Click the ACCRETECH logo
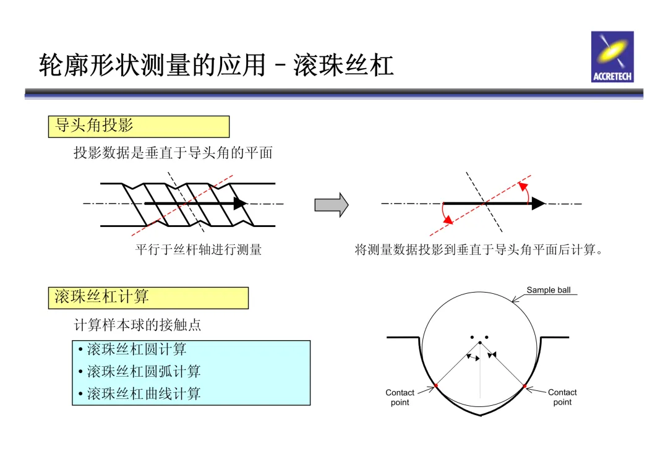(612, 56)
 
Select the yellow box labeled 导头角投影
(139, 126)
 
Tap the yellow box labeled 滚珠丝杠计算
(148, 298)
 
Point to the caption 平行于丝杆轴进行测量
(199, 250)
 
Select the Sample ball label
(548, 290)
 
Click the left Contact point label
(400, 397)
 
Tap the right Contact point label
(562, 397)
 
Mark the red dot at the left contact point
(436, 385)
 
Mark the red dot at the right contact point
(525, 386)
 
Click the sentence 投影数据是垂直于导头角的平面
(173, 153)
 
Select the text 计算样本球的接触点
(137, 325)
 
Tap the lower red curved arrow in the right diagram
(445, 216)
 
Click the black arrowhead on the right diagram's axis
(538, 203)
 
